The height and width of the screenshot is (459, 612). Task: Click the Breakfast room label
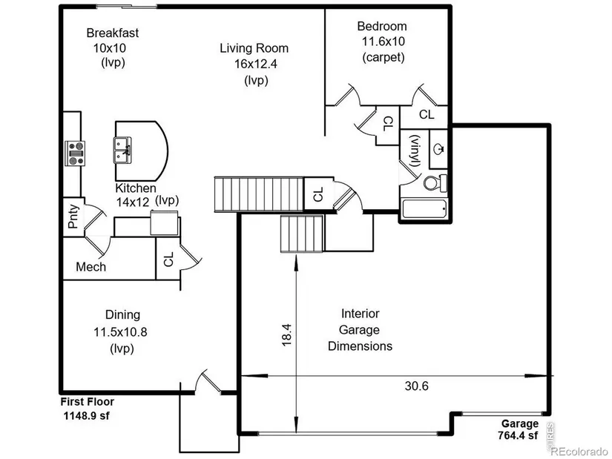click(113, 33)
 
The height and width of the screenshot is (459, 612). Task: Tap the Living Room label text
click(254, 48)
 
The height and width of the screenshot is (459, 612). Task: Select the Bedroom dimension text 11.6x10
click(384, 42)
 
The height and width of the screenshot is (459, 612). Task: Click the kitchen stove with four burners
click(75, 153)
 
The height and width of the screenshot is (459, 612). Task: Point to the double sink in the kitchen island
click(122, 151)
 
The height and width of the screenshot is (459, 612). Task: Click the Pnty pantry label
click(73, 217)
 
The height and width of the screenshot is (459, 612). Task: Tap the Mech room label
click(91, 267)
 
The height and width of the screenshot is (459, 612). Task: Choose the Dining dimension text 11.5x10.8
click(120, 332)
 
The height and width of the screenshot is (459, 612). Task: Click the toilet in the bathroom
click(435, 182)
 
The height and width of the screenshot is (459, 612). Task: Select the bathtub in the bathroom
click(424, 210)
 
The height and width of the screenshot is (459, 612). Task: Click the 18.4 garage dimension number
click(286, 334)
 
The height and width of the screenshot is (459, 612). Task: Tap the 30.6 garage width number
click(416, 386)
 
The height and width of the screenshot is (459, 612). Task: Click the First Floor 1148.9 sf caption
click(88, 409)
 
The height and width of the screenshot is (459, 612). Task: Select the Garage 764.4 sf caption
click(519, 429)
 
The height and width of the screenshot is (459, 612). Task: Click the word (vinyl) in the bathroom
click(414, 151)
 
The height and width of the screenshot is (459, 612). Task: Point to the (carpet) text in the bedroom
click(384, 57)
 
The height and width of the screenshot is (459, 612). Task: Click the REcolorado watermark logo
click(579, 452)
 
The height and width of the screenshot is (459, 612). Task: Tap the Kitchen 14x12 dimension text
click(133, 202)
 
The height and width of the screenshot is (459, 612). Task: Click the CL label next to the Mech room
click(168, 260)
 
